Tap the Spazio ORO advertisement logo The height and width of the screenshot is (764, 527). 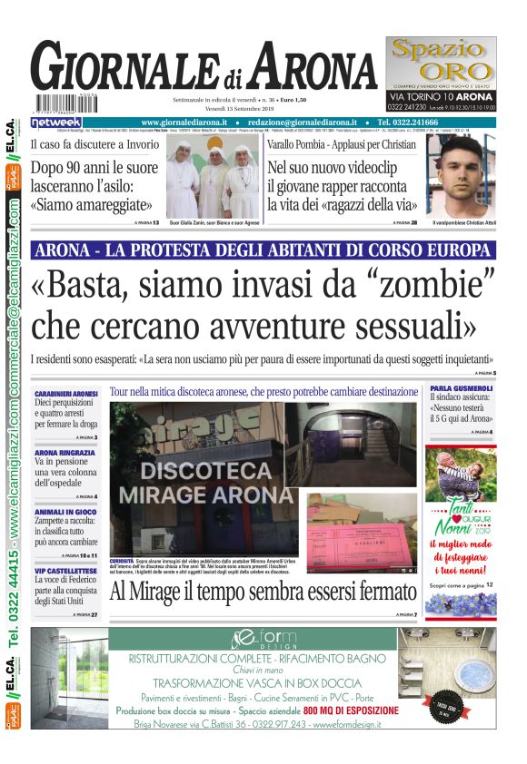[x=442, y=62]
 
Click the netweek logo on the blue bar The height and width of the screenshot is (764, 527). [x=55, y=122]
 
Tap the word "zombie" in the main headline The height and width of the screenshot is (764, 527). [x=432, y=284]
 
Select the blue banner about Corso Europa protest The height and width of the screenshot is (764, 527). [x=263, y=250]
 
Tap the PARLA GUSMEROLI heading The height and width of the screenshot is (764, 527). [x=462, y=388]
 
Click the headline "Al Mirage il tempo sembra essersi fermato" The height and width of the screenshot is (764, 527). [x=263, y=593]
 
